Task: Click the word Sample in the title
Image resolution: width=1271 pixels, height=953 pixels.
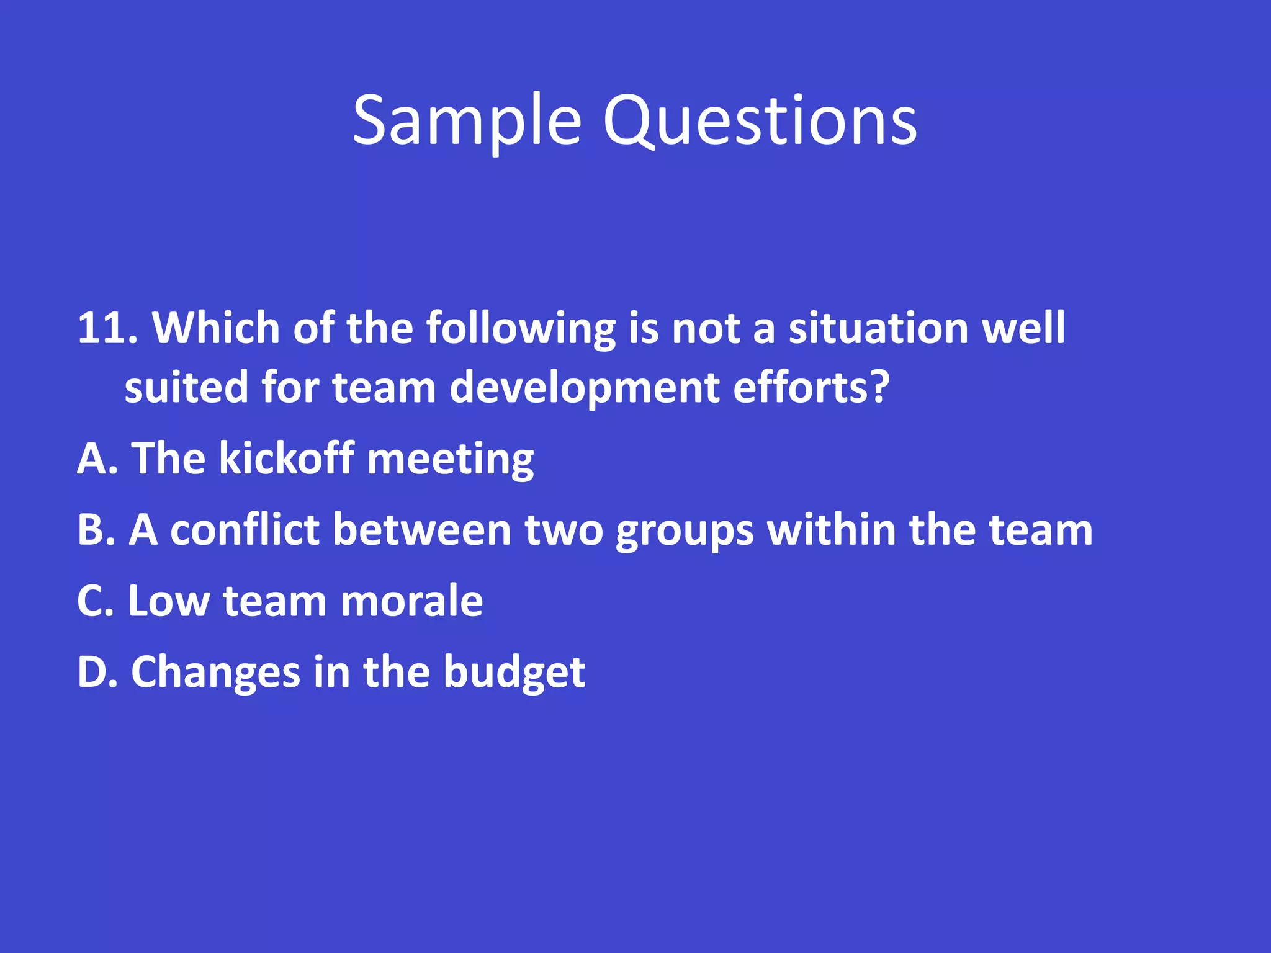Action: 467,121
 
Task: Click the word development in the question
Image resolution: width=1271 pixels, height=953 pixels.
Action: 584,387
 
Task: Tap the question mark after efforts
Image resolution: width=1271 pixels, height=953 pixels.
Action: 880,386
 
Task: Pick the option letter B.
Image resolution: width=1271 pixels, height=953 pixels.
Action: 91,530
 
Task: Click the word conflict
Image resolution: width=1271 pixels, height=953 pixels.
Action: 245,530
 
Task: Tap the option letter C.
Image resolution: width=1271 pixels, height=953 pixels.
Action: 91,601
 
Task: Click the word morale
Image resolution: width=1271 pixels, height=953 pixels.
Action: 411,601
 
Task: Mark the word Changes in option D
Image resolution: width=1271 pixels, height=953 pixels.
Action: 215,674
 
